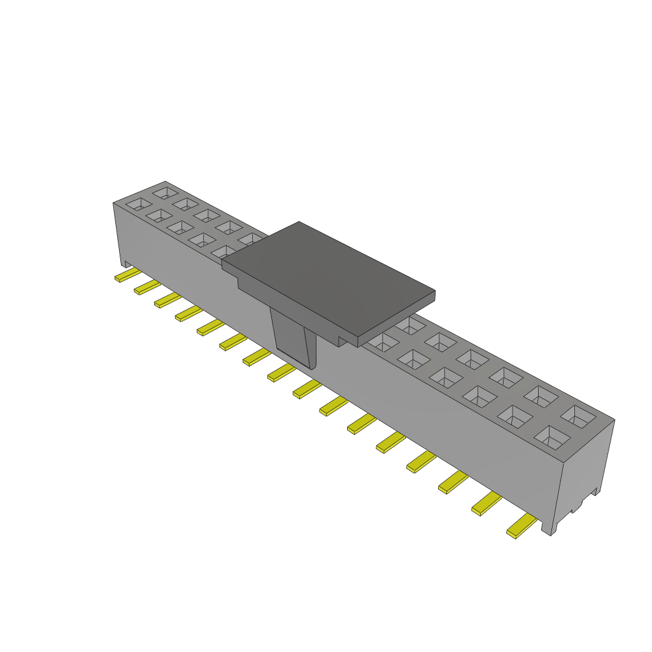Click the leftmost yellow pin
(x=127, y=275)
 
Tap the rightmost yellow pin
(x=521, y=527)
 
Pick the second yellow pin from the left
(x=146, y=287)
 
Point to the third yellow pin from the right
(x=453, y=483)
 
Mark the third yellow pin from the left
(x=167, y=300)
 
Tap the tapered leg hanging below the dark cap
(x=294, y=338)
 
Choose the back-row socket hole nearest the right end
(x=579, y=416)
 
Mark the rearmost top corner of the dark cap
(x=299, y=222)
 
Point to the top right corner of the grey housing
(x=614, y=420)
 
